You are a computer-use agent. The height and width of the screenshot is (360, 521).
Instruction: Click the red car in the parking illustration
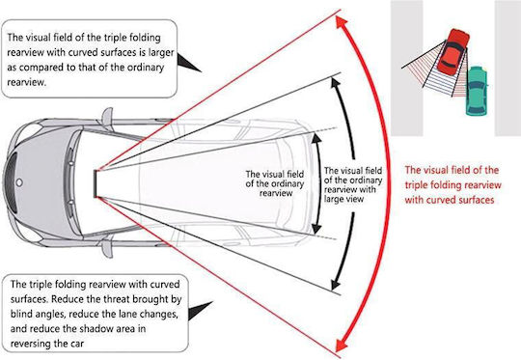coord(453,51)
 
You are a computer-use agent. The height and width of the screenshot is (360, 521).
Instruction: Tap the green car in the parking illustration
coord(477,91)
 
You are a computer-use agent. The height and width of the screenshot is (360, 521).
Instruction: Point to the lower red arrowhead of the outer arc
coord(342,345)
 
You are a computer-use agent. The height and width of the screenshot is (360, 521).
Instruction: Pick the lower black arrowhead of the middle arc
coord(336,285)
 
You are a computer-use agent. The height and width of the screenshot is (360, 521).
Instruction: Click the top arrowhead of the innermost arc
coord(316,138)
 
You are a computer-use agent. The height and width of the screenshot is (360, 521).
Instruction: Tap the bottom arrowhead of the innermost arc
coord(316,229)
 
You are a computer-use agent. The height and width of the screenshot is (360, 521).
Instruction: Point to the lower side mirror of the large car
coord(107,248)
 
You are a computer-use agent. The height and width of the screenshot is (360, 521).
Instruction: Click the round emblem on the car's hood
coord(19,182)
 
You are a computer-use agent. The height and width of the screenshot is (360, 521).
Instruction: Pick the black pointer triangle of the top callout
coord(188,63)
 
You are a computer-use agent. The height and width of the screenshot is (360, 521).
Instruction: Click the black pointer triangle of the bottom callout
coord(200,311)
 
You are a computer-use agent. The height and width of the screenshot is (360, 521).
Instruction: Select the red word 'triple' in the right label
coord(415,185)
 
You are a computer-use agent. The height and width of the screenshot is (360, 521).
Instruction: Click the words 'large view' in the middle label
coord(343,199)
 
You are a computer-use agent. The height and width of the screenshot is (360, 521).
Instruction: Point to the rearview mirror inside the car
coord(96,183)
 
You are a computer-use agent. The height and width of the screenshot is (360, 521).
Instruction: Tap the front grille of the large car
coord(11,182)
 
